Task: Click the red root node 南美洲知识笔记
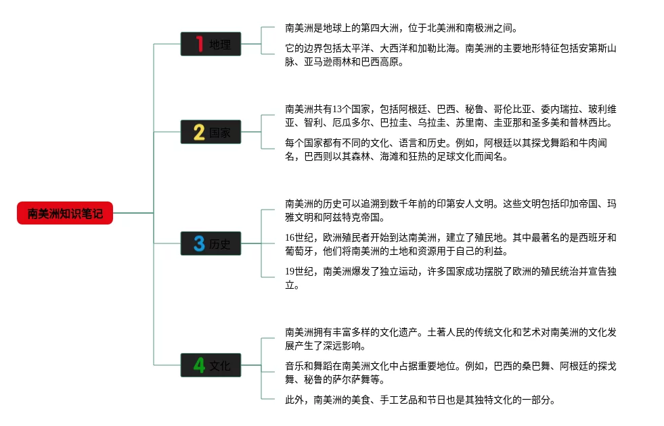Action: [65, 213]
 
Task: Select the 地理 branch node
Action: [211, 45]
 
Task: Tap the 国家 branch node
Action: [211, 132]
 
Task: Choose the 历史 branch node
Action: [211, 243]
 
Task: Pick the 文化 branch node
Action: [211, 365]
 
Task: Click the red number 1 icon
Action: [199, 44]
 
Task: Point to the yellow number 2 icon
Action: [199, 132]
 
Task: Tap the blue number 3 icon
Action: [199, 243]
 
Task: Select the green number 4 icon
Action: [199, 365]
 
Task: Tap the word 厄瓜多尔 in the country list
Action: [351, 123]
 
